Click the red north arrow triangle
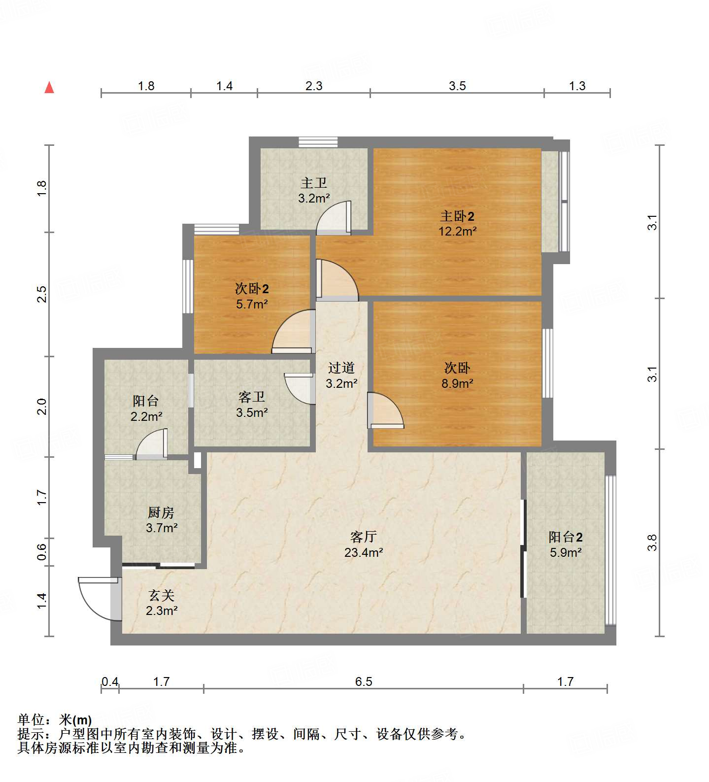coord(49,88)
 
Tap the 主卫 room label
coord(314,183)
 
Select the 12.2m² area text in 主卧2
coord(457,231)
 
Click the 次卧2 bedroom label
coord(252,289)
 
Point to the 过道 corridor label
coord(341,368)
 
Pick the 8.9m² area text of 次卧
coord(457,383)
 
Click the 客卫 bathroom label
coord(252,397)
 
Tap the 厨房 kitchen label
coord(161,513)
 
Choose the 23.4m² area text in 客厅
coord(364,552)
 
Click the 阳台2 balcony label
coord(566,537)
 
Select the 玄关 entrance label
coord(162,596)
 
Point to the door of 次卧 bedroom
coord(384,410)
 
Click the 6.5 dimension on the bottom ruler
coord(364,681)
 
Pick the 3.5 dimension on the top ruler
coord(457,86)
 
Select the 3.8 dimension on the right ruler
coord(652,543)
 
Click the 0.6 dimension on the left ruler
coord(42,552)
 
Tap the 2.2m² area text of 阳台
coord(146,417)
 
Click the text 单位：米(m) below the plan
coord(55,720)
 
